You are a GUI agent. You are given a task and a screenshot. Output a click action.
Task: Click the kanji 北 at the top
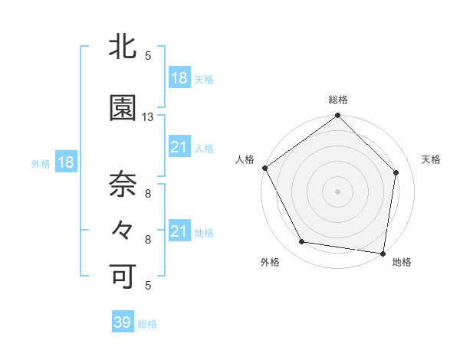click(123, 48)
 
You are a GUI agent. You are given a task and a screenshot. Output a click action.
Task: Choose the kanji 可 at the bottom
click(123, 277)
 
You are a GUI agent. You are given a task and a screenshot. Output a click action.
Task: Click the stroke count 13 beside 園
click(148, 117)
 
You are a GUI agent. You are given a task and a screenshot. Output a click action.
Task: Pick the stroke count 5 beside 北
click(148, 56)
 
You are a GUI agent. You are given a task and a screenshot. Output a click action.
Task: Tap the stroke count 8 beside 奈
click(148, 194)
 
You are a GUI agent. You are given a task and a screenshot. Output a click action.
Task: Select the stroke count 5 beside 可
click(148, 286)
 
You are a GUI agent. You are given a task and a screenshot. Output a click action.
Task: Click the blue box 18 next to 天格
click(179, 79)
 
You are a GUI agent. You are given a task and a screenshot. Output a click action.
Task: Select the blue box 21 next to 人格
click(179, 148)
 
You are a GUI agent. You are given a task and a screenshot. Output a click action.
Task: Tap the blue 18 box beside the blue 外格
click(65, 162)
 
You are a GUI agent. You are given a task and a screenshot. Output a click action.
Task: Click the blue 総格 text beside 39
click(147, 324)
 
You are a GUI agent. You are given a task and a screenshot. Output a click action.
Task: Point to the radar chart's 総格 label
click(338, 100)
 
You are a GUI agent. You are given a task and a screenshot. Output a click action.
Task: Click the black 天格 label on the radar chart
click(432, 159)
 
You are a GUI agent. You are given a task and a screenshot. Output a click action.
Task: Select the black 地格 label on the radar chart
click(402, 263)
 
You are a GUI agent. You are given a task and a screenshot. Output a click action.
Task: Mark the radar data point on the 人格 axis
click(264, 168)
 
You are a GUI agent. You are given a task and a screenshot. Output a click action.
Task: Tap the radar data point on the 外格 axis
click(302, 242)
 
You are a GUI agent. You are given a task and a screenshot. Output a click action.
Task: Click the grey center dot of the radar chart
click(338, 191)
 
